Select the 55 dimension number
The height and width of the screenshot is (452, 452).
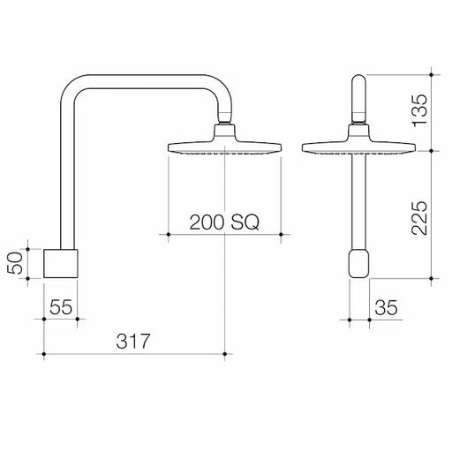click(x=60, y=308)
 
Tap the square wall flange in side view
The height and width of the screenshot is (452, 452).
click(x=62, y=264)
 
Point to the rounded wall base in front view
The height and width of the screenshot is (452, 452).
click(x=359, y=264)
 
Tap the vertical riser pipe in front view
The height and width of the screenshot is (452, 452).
click(x=358, y=203)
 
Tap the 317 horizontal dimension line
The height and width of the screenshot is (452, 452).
click(x=177, y=355)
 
